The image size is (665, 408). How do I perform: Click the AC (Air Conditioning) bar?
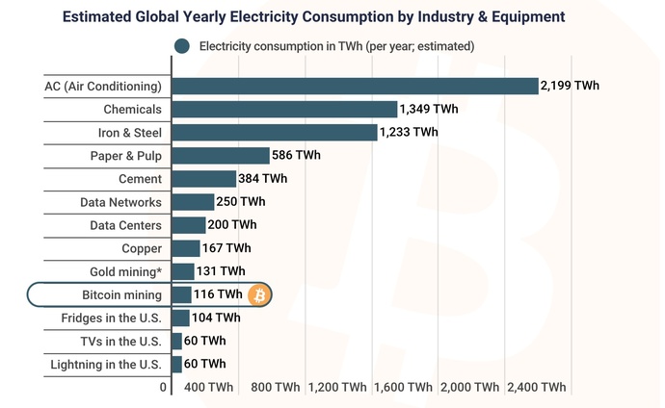(355, 86)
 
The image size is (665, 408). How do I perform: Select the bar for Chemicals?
(284, 109)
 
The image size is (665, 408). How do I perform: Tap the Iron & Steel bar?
(275, 133)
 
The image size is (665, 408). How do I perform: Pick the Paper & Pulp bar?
(221, 155)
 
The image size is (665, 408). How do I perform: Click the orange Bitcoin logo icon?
(259, 294)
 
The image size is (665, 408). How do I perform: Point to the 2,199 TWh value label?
(570, 86)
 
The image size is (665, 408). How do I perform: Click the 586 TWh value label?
(297, 155)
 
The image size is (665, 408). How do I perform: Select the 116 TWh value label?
(218, 294)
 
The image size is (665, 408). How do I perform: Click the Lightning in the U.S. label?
(106, 365)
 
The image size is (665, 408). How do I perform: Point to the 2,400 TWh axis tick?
(537, 388)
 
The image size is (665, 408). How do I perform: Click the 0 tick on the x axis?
(164, 388)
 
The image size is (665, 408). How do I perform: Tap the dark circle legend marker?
(180, 46)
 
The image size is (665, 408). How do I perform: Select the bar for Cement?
(204, 178)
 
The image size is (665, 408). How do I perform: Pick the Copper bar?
(186, 248)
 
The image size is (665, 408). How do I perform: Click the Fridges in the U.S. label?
(113, 318)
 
